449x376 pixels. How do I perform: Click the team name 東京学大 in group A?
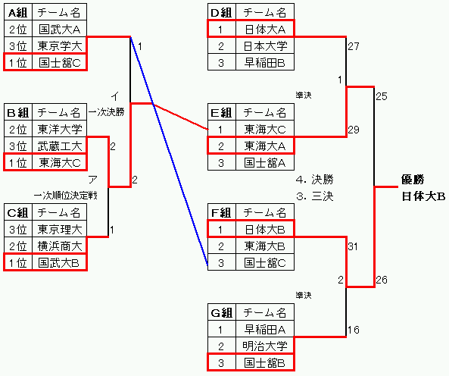point(60,45)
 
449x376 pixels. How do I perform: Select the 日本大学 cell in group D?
point(265,45)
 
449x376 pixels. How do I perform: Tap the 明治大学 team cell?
point(265,346)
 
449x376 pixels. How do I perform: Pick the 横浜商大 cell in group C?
point(60,246)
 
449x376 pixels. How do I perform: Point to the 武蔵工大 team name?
point(60,146)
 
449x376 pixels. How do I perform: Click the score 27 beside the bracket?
point(354,46)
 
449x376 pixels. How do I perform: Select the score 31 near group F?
point(353,246)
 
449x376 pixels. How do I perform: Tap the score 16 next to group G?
point(354,330)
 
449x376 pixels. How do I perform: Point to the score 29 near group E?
point(354,130)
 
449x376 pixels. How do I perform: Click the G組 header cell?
point(221,312)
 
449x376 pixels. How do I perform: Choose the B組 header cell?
point(17,112)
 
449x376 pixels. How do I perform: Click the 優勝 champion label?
point(413,180)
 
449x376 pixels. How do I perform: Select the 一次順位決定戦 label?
point(66,196)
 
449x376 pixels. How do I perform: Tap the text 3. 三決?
point(315,196)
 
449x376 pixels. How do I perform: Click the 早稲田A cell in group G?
point(265,330)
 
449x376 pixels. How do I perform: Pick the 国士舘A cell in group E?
point(265,163)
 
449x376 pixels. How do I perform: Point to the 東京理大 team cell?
point(60,229)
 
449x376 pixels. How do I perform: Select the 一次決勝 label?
point(107,112)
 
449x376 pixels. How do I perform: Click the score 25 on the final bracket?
point(382,96)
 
